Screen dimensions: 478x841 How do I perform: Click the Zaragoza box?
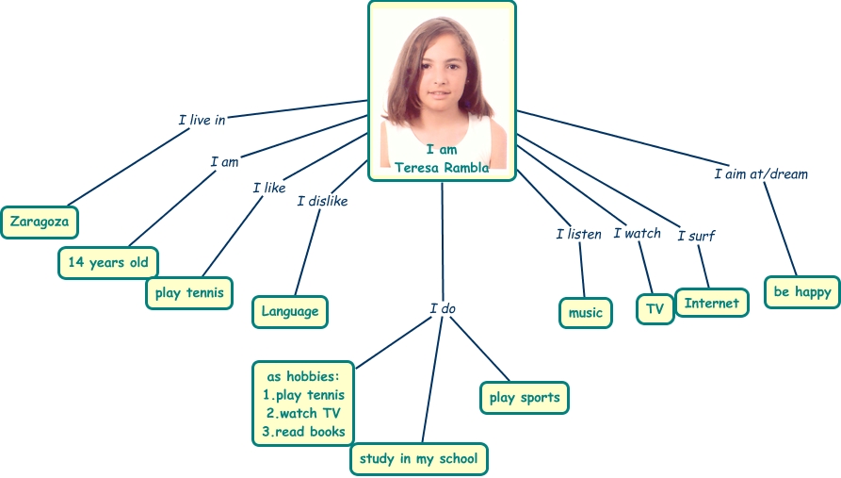pos(40,223)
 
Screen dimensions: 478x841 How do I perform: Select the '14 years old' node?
pos(108,263)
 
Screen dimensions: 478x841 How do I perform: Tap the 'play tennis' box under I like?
pos(189,292)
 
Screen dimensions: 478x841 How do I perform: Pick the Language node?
pos(290,311)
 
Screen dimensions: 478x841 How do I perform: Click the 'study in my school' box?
pos(419,459)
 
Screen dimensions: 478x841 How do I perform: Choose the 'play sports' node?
pos(525,398)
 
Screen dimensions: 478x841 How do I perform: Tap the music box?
pos(585,313)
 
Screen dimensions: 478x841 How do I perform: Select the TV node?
pos(655,309)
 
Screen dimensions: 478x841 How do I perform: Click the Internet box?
pos(712,303)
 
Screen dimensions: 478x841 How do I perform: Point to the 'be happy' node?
pos(802,291)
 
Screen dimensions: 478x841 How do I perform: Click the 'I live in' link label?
pos(202,120)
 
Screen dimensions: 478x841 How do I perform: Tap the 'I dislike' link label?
pos(322,201)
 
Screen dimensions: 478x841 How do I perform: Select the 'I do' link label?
pos(443,308)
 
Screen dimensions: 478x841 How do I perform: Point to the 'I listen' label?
pos(578,234)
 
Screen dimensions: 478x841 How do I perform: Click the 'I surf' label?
pos(696,236)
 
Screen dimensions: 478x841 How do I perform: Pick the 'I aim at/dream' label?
pos(760,173)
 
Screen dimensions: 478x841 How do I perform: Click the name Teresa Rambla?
pos(442,168)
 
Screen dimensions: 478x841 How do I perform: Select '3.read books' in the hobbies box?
pos(303,432)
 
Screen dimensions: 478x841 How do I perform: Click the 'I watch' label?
pos(637,233)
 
